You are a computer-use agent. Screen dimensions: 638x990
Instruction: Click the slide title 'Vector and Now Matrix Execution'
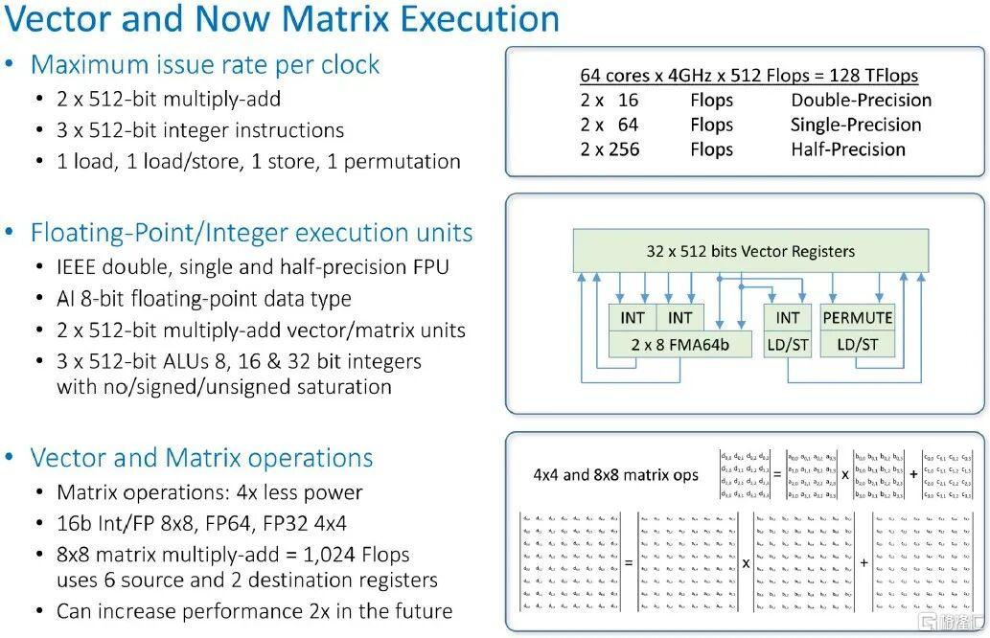pyautogui.click(x=283, y=19)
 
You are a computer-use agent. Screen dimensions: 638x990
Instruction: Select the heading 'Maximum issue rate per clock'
pyautogui.click(x=205, y=65)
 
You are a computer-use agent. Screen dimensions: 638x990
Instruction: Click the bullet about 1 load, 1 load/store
pyautogui.click(x=258, y=161)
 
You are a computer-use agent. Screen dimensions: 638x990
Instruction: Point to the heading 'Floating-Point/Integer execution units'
pyautogui.click(x=251, y=233)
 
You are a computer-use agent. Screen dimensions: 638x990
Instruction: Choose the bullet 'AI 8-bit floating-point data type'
pyautogui.click(x=203, y=299)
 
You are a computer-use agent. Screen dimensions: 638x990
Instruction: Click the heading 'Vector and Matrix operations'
pyautogui.click(x=201, y=458)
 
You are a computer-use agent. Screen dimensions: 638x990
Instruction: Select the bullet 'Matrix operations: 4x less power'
pyautogui.click(x=209, y=492)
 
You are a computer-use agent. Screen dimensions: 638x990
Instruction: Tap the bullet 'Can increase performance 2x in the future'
pyautogui.click(x=254, y=611)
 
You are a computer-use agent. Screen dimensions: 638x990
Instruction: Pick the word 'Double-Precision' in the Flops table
pyautogui.click(x=861, y=101)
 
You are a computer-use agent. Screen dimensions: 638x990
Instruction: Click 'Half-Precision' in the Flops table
pyautogui.click(x=847, y=149)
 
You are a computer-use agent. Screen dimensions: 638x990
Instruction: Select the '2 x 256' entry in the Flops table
pyautogui.click(x=610, y=149)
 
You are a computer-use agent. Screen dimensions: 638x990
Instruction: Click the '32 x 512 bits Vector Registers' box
pyautogui.click(x=750, y=251)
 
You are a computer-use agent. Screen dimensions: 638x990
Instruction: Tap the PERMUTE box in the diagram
pyautogui.click(x=857, y=317)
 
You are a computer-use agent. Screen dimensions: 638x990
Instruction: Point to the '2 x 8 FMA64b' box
pyautogui.click(x=681, y=343)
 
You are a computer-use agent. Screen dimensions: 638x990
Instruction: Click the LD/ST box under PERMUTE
pyautogui.click(x=857, y=343)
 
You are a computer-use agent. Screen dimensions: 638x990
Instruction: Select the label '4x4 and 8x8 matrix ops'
pyautogui.click(x=616, y=474)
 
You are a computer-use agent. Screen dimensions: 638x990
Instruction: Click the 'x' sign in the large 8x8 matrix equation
pyautogui.click(x=746, y=562)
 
